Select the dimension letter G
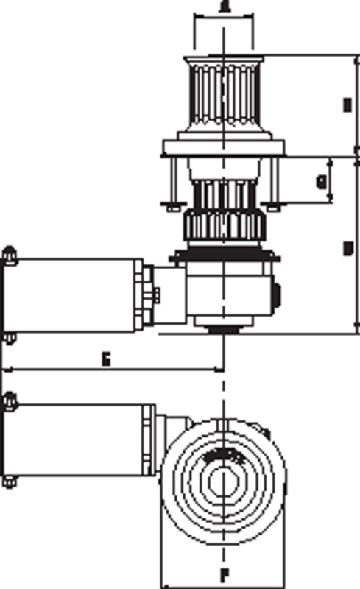[320, 181]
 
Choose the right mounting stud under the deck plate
[273, 184]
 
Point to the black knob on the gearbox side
[277, 296]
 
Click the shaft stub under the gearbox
[222, 330]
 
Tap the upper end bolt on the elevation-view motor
[8, 255]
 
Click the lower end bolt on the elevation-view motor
[8, 337]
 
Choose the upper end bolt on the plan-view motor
[8, 401]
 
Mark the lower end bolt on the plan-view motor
[8, 482]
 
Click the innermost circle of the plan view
[222, 482]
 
